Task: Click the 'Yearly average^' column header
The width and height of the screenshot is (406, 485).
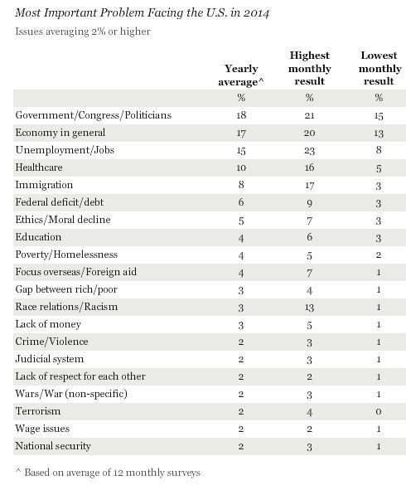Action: tap(241, 75)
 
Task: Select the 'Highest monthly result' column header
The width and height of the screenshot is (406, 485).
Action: tap(310, 68)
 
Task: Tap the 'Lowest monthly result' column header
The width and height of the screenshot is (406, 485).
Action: tap(379, 68)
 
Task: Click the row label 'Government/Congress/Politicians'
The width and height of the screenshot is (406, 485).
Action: tap(94, 115)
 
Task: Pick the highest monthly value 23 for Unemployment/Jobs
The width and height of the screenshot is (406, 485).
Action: tap(310, 151)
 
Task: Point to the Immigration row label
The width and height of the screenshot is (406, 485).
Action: tap(44, 185)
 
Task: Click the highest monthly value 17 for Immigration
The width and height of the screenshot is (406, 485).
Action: tap(310, 186)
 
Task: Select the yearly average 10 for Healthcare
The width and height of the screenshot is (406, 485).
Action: tap(241, 167)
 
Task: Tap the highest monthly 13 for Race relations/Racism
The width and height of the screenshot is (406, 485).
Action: tap(310, 308)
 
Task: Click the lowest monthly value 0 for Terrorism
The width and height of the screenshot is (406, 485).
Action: tap(379, 412)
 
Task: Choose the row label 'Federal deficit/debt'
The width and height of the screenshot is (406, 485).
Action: tap(60, 202)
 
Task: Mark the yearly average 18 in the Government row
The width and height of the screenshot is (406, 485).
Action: tap(241, 115)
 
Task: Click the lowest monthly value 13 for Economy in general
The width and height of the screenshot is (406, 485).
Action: tap(379, 133)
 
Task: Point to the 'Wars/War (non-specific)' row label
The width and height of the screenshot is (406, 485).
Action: tap(71, 394)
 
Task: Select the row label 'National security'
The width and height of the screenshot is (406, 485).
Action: tap(53, 446)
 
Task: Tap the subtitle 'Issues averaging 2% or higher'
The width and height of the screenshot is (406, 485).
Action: tap(83, 32)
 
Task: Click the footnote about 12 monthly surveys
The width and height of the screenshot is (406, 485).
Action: tap(108, 473)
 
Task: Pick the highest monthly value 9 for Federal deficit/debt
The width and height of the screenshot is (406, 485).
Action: tap(310, 203)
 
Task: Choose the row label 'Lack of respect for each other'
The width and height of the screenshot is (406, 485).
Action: tap(80, 376)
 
